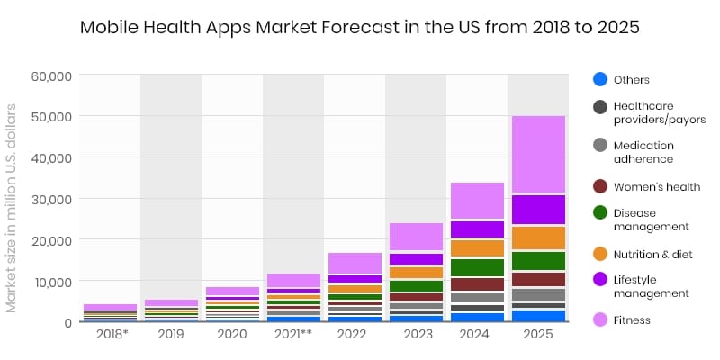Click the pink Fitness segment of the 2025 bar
[538, 154]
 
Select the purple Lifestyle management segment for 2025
[538, 210]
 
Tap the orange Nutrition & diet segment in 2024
[477, 248]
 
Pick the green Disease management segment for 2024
[477, 267]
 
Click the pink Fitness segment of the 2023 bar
[416, 236]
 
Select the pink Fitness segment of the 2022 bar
[355, 263]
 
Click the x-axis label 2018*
[110, 335]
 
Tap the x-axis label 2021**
[293, 335]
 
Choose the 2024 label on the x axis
[477, 335]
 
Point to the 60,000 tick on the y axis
[51, 76]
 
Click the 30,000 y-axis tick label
[51, 199]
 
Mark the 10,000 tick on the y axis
[51, 282]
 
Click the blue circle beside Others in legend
[599, 80]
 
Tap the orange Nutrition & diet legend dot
[599, 255]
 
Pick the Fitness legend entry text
[631, 319]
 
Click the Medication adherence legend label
[643, 151]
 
